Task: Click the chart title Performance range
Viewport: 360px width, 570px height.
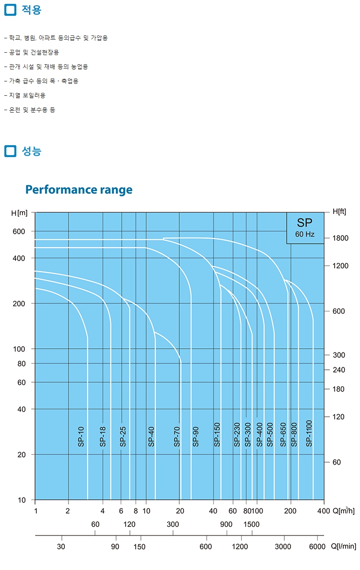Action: [79, 190]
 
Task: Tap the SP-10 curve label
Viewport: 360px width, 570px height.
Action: [81, 436]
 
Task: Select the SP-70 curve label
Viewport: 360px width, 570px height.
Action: [177, 436]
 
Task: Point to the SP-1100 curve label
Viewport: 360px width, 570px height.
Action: [309, 433]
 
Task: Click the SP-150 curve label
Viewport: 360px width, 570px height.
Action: [217, 435]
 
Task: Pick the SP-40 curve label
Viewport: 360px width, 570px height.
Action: [151, 436]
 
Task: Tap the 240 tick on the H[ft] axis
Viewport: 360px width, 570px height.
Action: [339, 370]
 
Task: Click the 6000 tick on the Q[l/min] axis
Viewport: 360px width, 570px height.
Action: [317, 547]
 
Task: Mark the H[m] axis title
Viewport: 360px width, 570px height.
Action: [20, 213]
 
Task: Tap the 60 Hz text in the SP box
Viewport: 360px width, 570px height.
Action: [304, 234]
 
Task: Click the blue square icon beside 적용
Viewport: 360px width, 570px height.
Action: [10, 10]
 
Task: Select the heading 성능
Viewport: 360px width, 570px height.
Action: [32, 151]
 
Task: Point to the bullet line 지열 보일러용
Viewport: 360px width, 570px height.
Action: [27, 95]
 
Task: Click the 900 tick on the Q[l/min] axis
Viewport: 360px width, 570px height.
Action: [226, 524]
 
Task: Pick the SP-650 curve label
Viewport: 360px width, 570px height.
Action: [283, 435]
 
